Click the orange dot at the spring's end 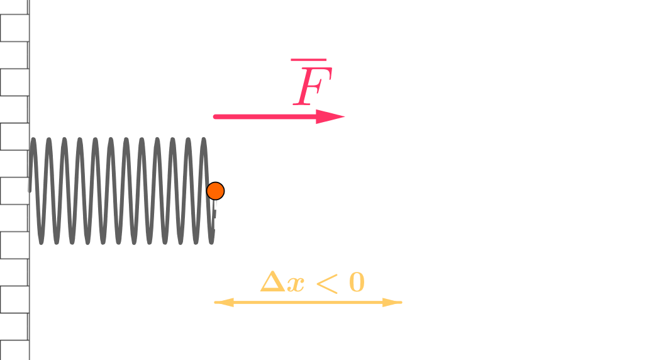(x=215, y=191)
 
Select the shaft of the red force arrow (x=264, y=116)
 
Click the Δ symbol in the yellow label (x=272, y=283)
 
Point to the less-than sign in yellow (x=326, y=283)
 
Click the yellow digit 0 (x=357, y=283)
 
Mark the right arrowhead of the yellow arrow (x=394, y=303)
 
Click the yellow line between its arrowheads (x=308, y=303)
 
